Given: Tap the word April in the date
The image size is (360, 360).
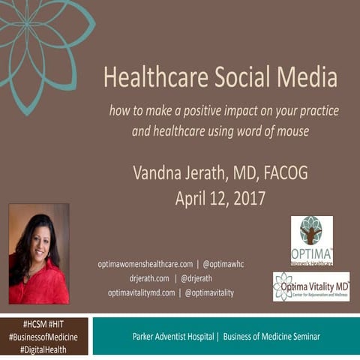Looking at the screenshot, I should [193, 199].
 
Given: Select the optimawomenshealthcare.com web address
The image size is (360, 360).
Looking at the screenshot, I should [145, 264].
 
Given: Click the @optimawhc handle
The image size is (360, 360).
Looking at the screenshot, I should [226, 264].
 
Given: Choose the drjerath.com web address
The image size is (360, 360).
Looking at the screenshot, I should [150, 278].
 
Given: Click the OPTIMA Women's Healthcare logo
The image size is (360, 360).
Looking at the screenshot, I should [311, 241].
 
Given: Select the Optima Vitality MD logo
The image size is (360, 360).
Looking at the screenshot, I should [311, 286].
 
